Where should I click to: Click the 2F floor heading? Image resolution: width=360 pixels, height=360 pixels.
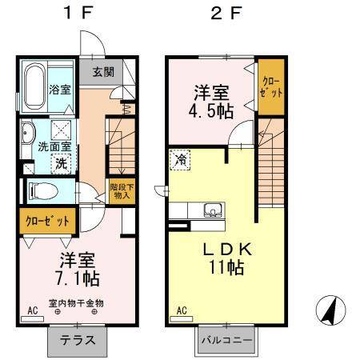coord(226,14)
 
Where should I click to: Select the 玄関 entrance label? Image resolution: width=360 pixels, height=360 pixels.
coord(102,71)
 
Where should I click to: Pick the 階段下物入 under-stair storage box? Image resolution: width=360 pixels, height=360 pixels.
coord(121,191)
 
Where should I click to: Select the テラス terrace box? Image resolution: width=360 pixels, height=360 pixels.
coord(79,339)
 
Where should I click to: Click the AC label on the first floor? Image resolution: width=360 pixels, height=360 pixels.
coord(34,309)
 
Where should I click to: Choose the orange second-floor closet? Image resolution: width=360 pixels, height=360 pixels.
coord(271,87)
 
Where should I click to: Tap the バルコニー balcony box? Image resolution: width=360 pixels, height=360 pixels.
coord(226,339)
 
